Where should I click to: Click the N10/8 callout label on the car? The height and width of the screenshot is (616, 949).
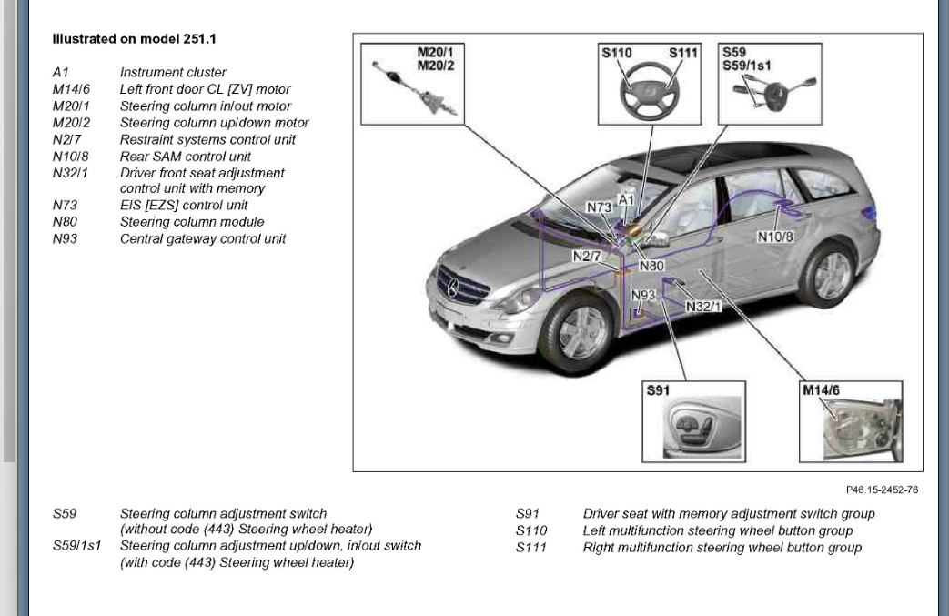775,237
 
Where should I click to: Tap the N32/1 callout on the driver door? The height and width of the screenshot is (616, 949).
703,307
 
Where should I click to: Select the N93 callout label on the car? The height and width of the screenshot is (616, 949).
643,296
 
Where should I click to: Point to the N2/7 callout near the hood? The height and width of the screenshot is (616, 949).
587,257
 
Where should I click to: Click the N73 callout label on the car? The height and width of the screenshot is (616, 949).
599,207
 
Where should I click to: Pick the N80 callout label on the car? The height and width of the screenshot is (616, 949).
651,267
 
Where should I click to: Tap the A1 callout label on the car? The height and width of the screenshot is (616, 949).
626,198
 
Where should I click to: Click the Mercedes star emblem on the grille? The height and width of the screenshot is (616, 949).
452,289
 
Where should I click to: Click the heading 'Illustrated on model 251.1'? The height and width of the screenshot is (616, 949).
134,40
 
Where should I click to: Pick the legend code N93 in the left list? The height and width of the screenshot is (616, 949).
65,238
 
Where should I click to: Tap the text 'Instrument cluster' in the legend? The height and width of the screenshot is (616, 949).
173,73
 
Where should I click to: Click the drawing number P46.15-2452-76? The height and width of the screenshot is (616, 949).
882,490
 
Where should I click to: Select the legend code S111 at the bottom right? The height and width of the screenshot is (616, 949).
531,548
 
